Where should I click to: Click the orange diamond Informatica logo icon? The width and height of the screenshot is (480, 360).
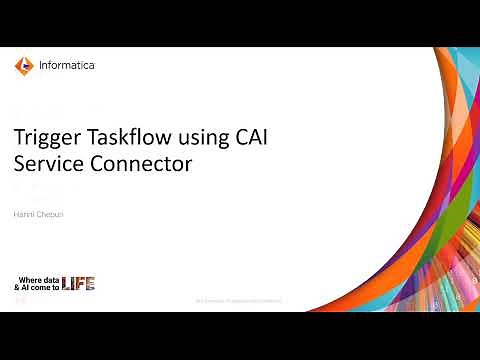23,67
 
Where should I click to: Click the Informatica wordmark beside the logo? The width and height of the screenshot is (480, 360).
66,67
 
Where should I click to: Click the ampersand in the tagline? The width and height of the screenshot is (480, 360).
16,287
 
